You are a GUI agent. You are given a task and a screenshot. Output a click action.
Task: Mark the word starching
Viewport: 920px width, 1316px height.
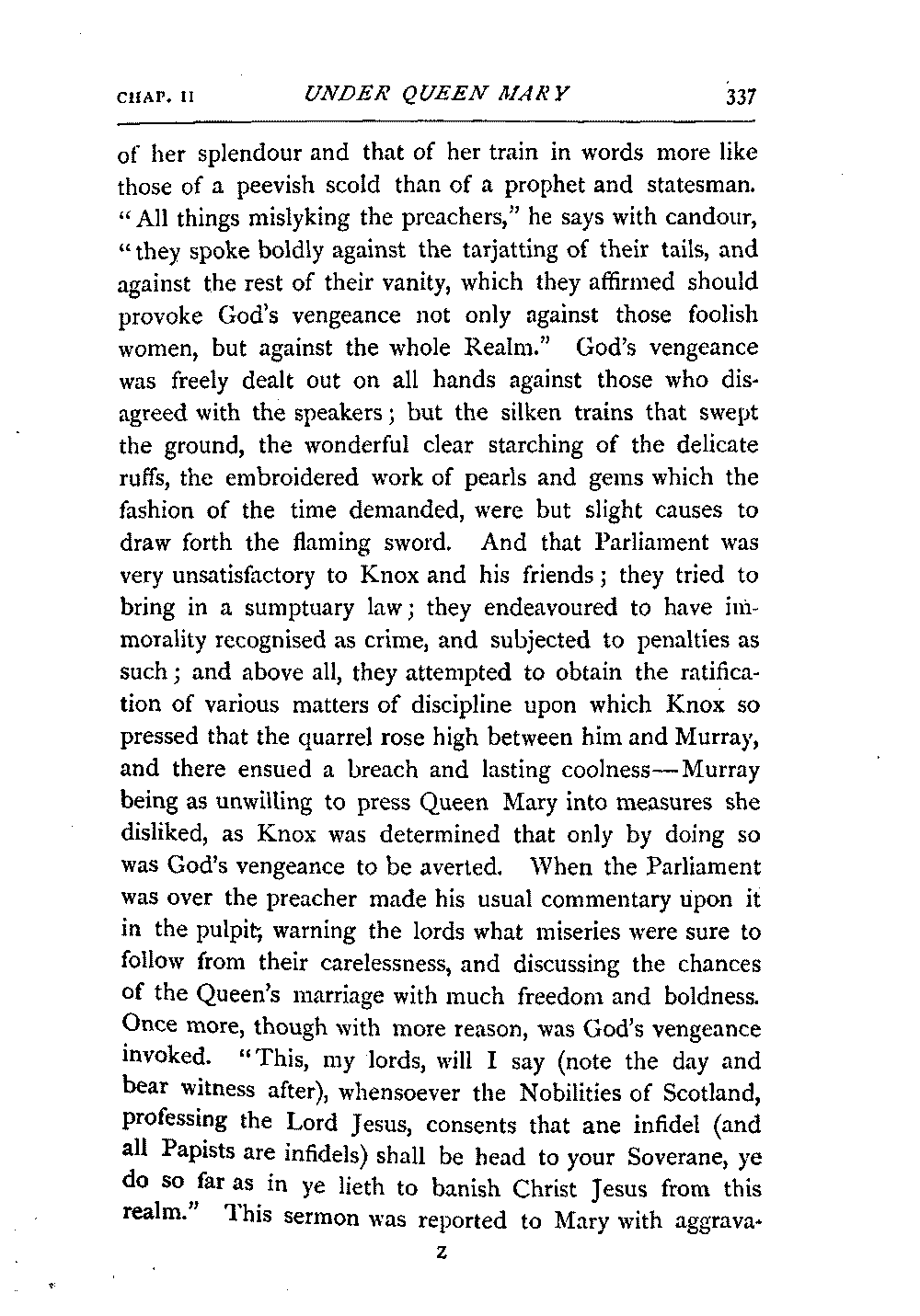527,445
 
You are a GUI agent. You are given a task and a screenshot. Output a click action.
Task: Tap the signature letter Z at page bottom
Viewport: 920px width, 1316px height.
443,1254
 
